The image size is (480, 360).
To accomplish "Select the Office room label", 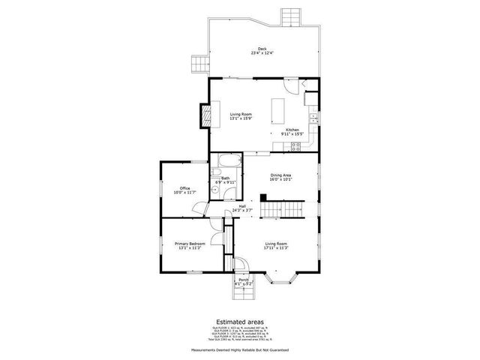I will pos(184,188).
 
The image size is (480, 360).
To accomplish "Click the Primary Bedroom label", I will pos(190,244).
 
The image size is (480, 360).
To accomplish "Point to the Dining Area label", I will pos(281,175).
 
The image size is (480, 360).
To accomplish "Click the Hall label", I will pos(242,206).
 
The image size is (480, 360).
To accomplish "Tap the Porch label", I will pos(244,280).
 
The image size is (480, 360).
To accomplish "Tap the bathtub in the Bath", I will pos(225,160).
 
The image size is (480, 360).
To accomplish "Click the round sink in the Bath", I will pos(214,191).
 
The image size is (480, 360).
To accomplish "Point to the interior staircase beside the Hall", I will pos(281,210).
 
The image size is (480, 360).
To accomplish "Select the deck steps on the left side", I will pos(198,64).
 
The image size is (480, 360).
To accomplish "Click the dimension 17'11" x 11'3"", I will pos(276,248).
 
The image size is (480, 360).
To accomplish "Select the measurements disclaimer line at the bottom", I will pos(240,349).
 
